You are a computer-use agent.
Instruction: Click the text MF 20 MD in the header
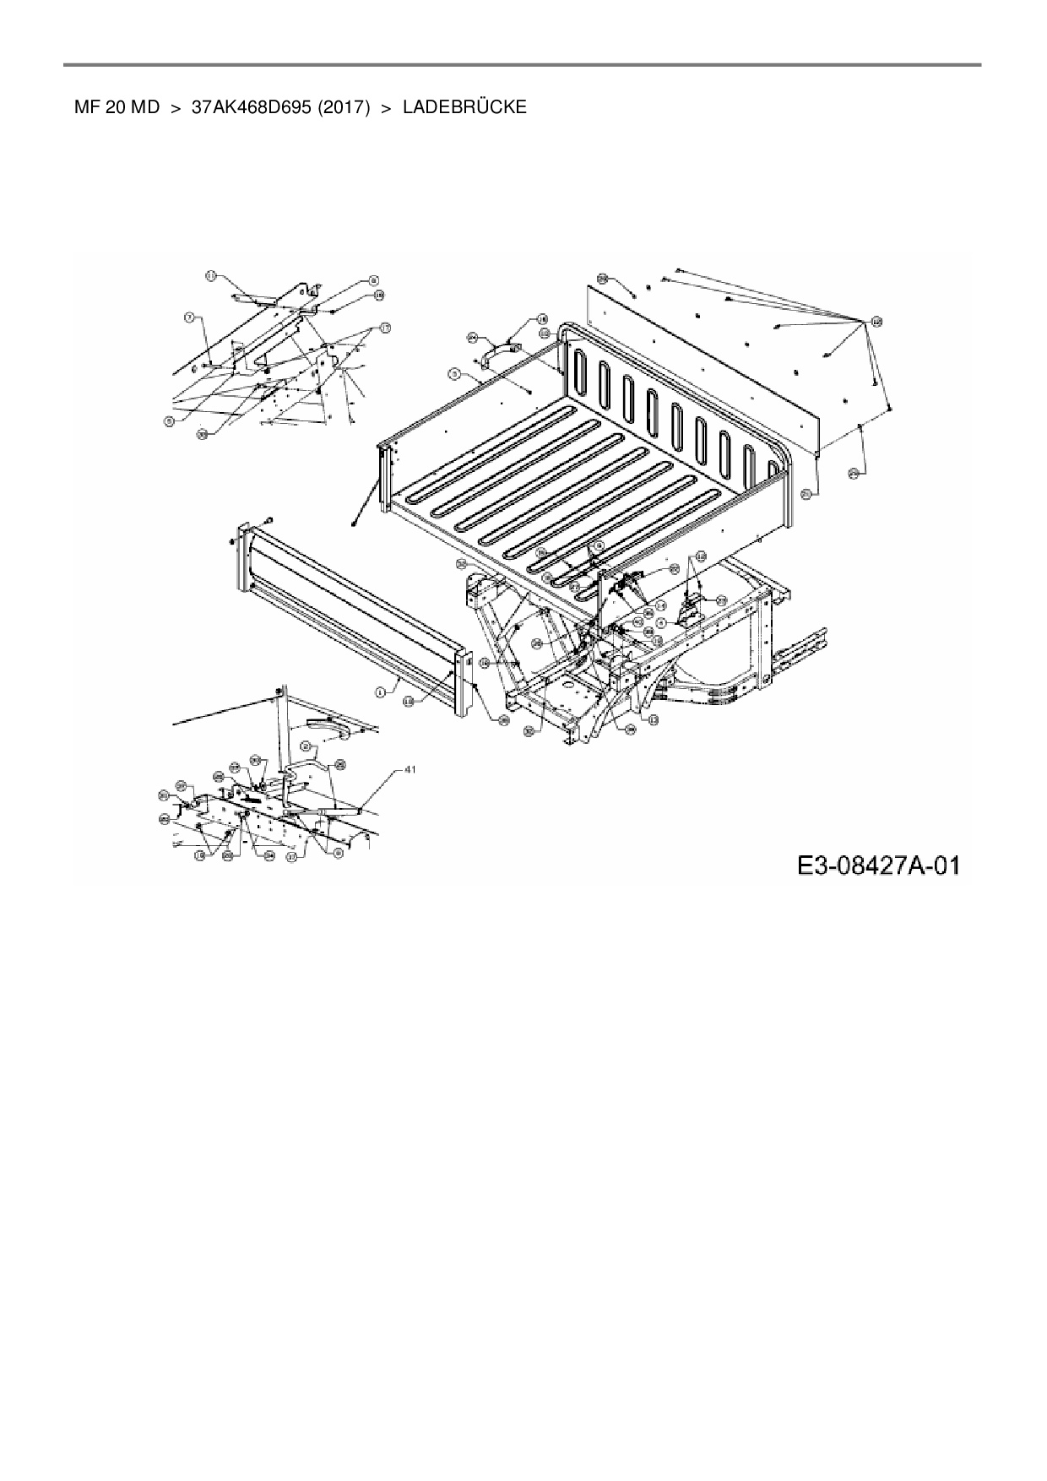coord(117,107)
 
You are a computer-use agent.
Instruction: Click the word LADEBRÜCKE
coord(464,107)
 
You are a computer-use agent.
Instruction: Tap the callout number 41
coord(410,769)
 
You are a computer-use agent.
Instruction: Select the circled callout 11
coord(211,276)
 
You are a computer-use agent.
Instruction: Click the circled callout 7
coord(190,317)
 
